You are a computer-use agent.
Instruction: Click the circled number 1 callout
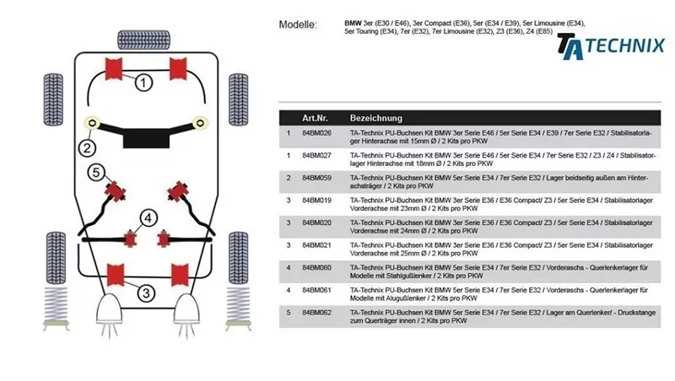144,82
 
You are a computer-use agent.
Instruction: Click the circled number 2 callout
86,149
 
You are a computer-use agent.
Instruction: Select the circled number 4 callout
148,218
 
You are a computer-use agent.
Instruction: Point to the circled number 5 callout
97,172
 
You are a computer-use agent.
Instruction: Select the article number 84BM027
316,156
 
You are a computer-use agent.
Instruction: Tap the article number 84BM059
316,178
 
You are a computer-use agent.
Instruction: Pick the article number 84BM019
316,200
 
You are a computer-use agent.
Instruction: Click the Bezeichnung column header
375,118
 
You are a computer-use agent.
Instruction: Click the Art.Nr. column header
316,118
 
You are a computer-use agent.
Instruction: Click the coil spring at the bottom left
55,310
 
